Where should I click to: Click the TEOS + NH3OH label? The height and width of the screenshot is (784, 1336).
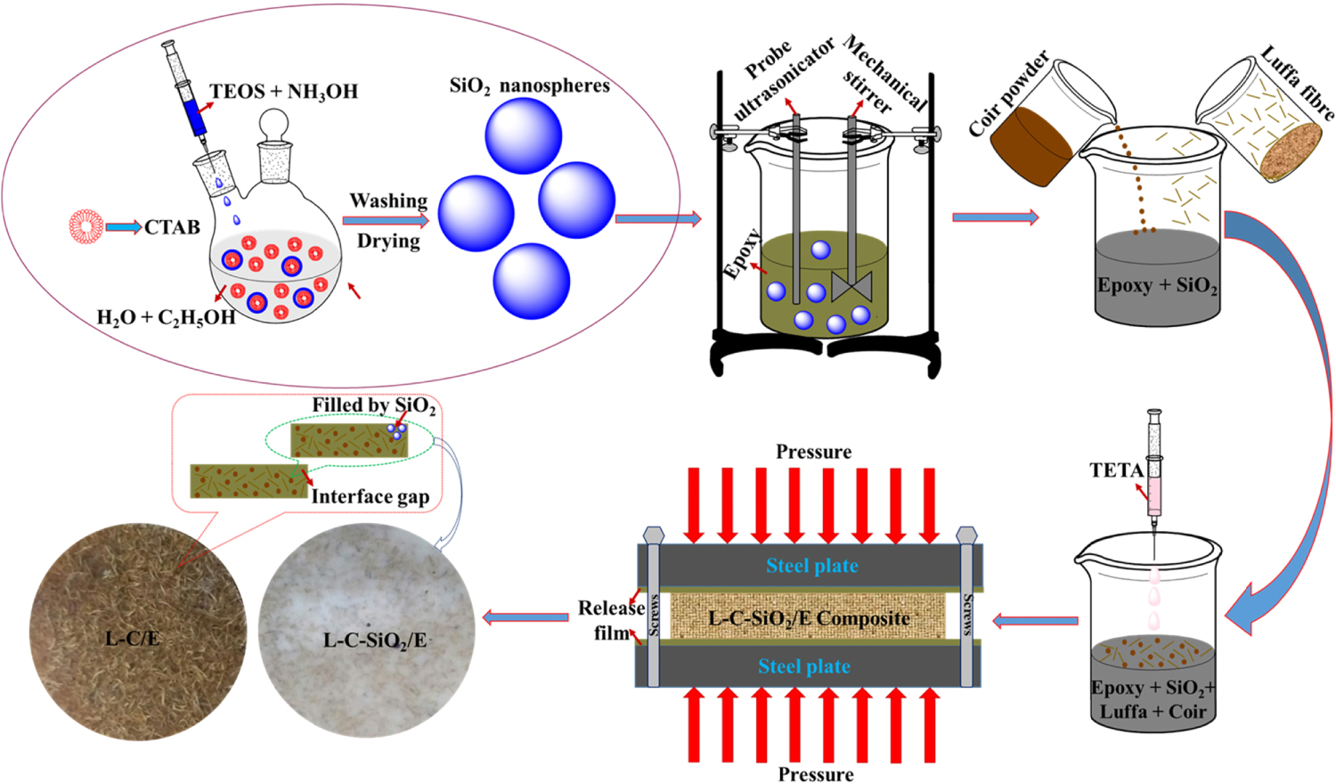coord(283,92)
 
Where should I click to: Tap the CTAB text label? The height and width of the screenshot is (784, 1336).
coord(172,228)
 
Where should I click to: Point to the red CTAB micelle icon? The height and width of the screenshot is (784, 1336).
coord(86,226)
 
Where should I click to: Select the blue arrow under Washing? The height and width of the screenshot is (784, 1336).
coord(386,220)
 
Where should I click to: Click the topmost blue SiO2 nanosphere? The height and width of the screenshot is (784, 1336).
coord(523,135)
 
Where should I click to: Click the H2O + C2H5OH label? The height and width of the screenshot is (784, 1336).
coord(166,318)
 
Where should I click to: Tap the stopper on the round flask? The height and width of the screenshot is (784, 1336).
coord(274,125)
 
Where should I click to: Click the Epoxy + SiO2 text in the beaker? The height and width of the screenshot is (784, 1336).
coord(1156,286)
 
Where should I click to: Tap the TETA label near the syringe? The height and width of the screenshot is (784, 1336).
coord(1116,470)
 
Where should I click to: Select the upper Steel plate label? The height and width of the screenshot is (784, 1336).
coord(811,566)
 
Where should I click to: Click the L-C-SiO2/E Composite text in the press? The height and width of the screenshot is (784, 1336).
coord(808,618)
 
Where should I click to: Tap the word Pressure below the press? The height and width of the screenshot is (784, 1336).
coord(815,774)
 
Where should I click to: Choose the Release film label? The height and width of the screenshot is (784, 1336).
coord(612,620)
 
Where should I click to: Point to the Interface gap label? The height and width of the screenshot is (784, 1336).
coord(370,497)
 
